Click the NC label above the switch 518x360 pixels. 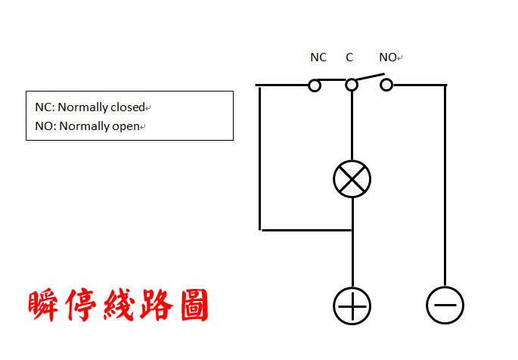click(x=318, y=57)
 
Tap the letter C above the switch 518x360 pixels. click(x=349, y=57)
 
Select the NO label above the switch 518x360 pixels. click(x=388, y=57)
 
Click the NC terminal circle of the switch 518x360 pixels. click(x=315, y=85)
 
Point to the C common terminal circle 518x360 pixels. click(x=352, y=85)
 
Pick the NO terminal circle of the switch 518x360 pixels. click(x=386, y=85)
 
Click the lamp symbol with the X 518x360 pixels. click(x=352, y=178)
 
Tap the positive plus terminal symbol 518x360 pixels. click(x=352, y=306)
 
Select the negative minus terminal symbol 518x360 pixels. click(x=445, y=306)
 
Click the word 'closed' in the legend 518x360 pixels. click(x=126, y=107)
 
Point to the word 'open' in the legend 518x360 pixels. click(x=126, y=126)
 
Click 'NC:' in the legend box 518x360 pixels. click(x=45, y=107)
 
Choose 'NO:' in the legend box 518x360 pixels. click(x=45, y=126)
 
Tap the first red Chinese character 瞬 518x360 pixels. click(x=45, y=306)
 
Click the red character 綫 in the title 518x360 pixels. click(x=118, y=306)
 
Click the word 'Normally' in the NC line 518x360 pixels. click(x=83, y=107)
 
